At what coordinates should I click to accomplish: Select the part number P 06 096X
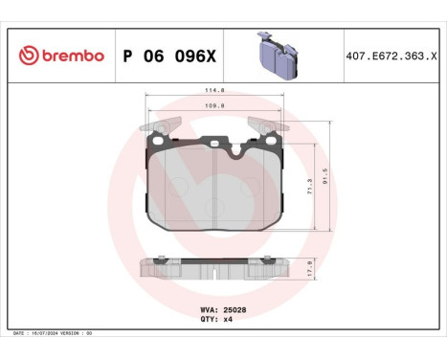pyautogui.click(x=169, y=56)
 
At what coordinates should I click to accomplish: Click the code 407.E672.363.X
pyautogui.click(x=393, y=56)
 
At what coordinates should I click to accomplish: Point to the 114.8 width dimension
pyautogui.click(x=213, y=91)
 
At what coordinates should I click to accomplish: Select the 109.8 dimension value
pyautogui.click(x=213, y=107)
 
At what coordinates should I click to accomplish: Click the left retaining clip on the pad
pyautogui.click(x=159, y=124)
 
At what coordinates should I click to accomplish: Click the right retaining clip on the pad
pyautogui.click(x=264, y=124)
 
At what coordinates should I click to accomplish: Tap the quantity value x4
pyautogui.click(x=227, y=319)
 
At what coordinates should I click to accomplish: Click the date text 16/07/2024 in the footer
pyautogui.click(x=50, y=332)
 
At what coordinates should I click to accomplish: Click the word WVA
pyautogui.click(x=206, y=309)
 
